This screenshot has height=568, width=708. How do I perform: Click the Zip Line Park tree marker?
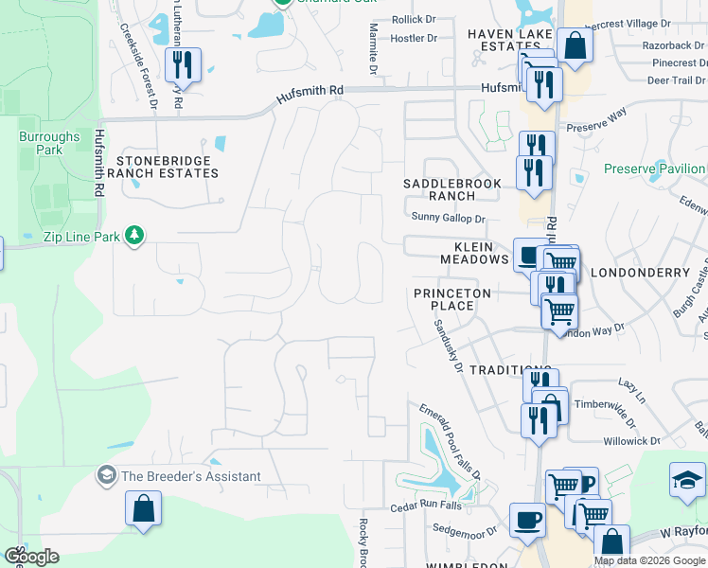click(134, 235)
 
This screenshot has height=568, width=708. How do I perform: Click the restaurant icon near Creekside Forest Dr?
click(180, 65)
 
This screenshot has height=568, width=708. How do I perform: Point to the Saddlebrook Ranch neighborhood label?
click(438, 189)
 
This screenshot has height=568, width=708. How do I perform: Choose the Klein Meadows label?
click(474, 252)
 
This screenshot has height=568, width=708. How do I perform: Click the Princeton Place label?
click(452, 299)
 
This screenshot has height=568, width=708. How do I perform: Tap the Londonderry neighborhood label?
click(640, 273)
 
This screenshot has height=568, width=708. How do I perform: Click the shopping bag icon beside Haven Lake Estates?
click(574, 44)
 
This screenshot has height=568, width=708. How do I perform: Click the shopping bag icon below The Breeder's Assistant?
click(142, 508)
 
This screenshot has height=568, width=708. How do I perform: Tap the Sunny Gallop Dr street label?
click(449, 218)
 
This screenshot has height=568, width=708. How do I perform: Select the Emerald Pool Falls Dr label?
click(451, 441)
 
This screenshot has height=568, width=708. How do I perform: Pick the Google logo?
click(31, 557)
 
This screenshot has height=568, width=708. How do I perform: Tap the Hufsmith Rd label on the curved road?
click(310, 97)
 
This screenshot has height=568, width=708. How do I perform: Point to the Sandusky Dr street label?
click(447, 346)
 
